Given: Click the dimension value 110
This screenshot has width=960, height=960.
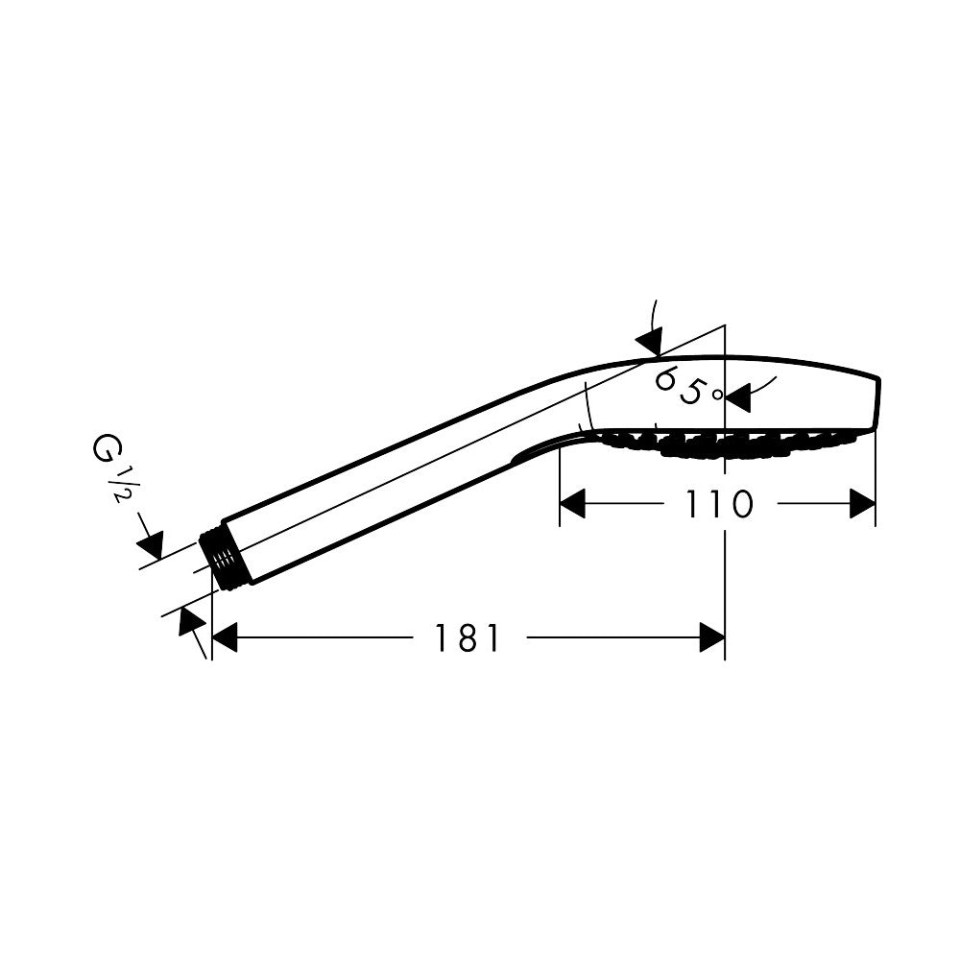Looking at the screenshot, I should click(x=718, y=504).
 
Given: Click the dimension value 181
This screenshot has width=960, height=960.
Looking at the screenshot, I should click(x=468, y=637).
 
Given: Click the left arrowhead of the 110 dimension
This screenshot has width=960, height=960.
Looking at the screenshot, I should click(x=572, y=504).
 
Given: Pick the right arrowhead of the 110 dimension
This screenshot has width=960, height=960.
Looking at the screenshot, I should click(x=863, y=504).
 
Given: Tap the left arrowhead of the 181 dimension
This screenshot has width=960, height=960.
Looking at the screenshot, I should click(x=224, y=637).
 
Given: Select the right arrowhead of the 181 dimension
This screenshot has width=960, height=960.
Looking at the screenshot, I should click(x=712, y=637).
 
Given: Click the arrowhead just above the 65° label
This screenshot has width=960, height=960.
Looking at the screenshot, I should click(x=651, y=340).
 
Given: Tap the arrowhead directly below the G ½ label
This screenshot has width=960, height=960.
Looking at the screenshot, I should click(x=152, y=544).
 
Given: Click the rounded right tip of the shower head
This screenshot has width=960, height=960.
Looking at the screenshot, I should click(x=876, y=403).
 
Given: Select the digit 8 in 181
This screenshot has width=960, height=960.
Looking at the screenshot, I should click(x=468, y=637).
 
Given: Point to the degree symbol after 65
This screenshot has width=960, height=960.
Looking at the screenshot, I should click(x=716, y=394).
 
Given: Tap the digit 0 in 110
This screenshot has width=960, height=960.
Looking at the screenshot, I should click(x=739, y=504).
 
